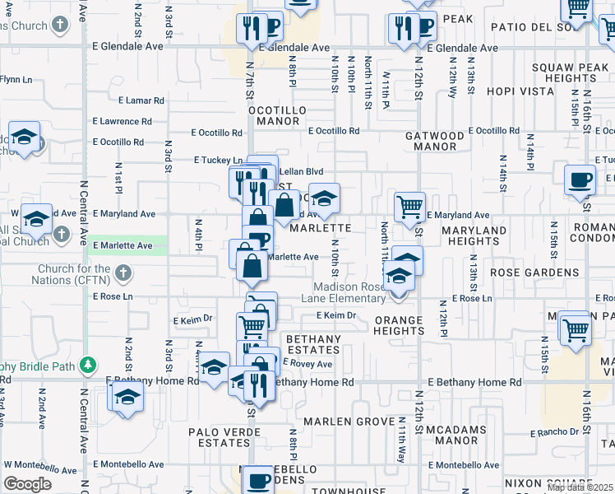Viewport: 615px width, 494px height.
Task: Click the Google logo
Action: [x=27, y=484]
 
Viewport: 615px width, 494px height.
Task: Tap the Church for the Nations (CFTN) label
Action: [x=73, y=275]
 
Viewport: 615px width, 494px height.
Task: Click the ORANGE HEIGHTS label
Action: [x=399, y=325]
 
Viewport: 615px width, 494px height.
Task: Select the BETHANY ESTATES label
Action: [x=313, y=345]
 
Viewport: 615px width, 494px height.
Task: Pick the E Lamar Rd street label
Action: [x=141, y=100]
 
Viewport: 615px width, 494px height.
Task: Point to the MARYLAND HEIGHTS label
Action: [x=474, y=235]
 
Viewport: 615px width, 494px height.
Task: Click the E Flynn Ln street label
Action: [x=16, y=80]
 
